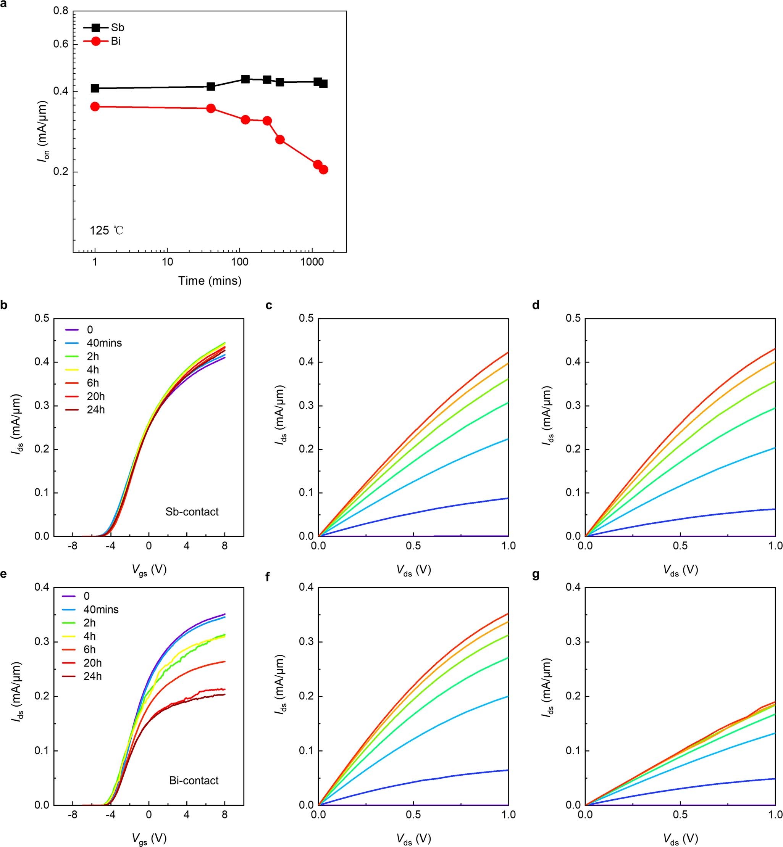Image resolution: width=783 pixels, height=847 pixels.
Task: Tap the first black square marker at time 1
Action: click(x=95, y=88)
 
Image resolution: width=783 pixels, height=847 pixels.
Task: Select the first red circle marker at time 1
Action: click(x=95, y=106)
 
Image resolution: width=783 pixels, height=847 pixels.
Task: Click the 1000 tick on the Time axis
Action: click(x=312, y=262)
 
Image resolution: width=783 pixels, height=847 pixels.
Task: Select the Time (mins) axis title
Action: click(x=209, y=281)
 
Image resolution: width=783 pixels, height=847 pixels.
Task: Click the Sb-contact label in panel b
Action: click(x=192, y=512)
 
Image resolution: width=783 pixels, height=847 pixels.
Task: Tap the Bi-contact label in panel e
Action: click(x=194, y=781)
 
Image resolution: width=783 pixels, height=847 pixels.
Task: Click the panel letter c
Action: click(x=269, y=305)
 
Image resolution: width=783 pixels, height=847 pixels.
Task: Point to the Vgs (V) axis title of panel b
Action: click(x=149, y=570)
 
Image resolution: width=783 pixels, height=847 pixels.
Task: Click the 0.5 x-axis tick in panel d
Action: click(x=680, y=546)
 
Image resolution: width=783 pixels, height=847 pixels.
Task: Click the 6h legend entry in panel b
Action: click(x=93, y=383)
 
